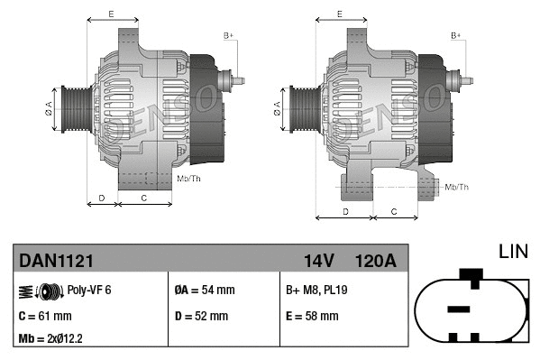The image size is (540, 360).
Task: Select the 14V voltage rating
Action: pyautogui.click(x=319, y=261)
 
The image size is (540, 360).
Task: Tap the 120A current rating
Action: pyautogui.click(x=375, y=261)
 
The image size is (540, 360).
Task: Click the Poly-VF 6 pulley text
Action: pyautogui.click(x=89, y=290)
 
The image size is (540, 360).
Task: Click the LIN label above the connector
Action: pyautogui.click(x=514, y=250)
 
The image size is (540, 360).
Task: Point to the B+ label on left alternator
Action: pyautogui.click(x=228, y=35)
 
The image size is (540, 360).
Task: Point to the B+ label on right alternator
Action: pyautogui.click(x=456, y=35)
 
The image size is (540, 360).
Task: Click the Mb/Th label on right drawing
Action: pyautogui.click(x=458, y=187)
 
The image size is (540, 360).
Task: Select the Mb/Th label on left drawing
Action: pyautogui.click(x=189, y=179)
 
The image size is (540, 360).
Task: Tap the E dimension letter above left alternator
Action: pyautogui.click(x=111, y=14)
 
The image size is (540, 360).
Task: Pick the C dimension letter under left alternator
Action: pyautogui.click(x=144, y=196)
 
